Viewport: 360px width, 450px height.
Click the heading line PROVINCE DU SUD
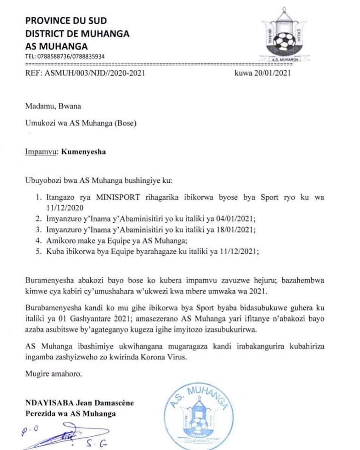tap(66, 21)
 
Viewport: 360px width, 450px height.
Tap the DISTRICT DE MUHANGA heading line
tap(77, 34)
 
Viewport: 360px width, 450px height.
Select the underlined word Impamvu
tap(40, 152)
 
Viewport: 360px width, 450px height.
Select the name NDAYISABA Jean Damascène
tap(79, 403)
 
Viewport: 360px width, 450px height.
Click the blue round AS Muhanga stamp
tap(196, 416)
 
